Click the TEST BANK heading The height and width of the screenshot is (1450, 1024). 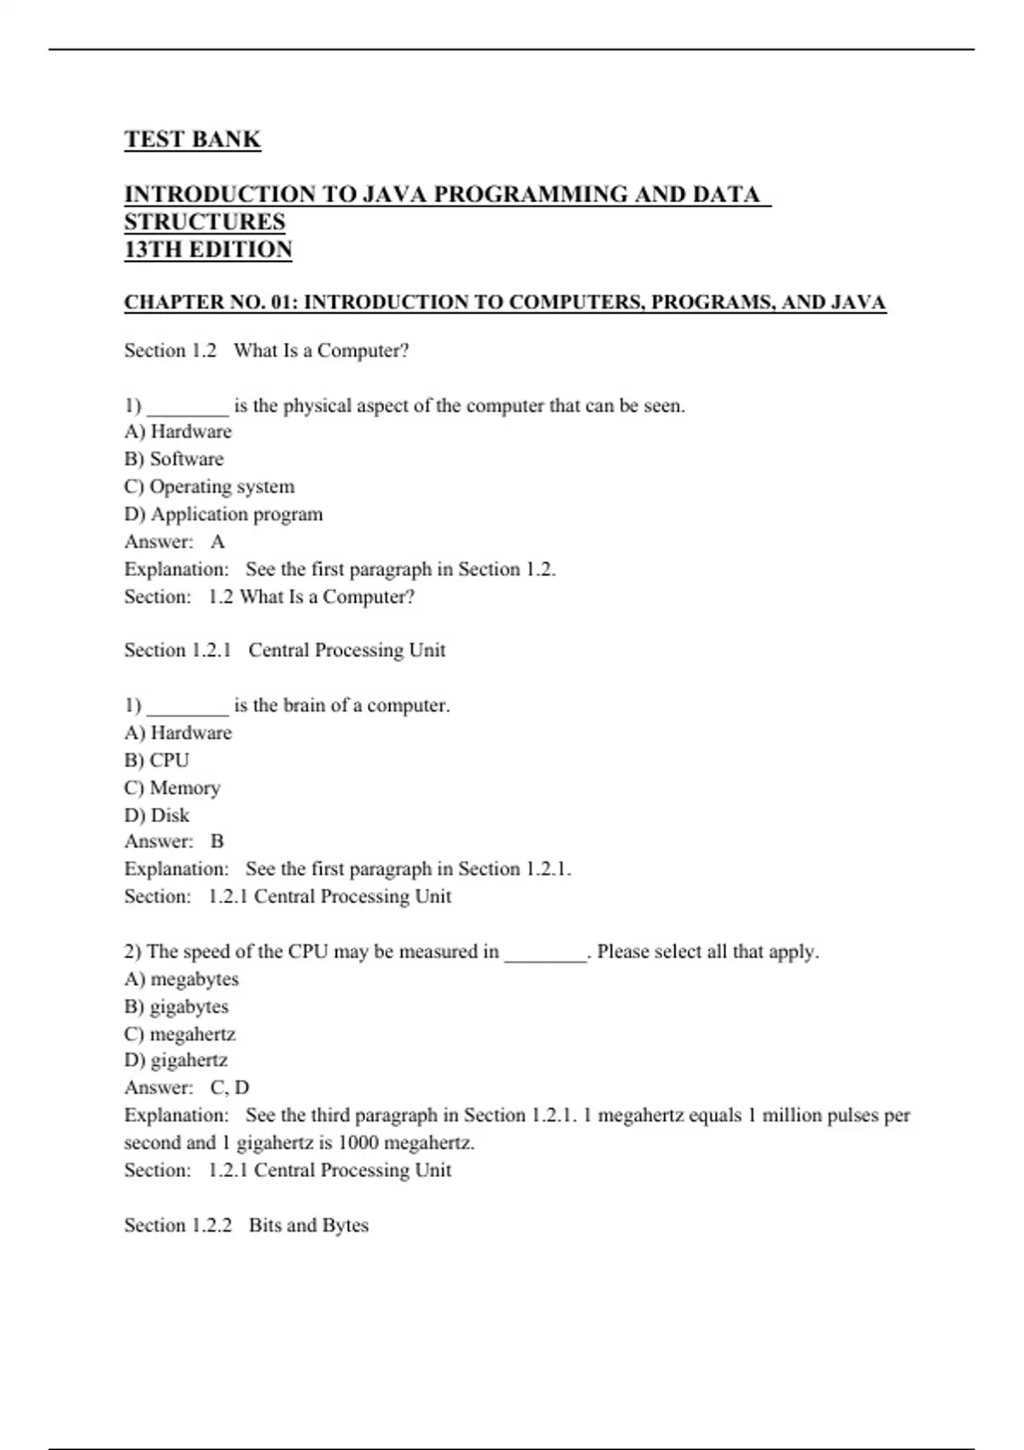[x=192, y=139]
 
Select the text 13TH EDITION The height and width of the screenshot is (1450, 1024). [x=208, y=249]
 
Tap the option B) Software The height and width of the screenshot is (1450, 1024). [x=174, y=459]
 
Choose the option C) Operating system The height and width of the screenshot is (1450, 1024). [x=209, y=486]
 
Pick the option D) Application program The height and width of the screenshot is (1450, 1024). [x=224, y=514]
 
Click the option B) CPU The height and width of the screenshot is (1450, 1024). [x=157, y=760]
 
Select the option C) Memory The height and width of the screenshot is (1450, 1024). [x=172, y=787]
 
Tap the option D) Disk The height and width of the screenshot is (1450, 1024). [x=157, y=815]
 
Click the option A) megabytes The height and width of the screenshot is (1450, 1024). [x=182, y=979]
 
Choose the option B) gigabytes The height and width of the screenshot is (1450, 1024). [x=177, y=1006]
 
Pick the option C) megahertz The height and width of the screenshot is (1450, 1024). [x=180, y=1034]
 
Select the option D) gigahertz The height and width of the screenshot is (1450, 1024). [x=177, y=1060]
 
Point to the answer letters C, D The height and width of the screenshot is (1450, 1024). [x=230, y=1087]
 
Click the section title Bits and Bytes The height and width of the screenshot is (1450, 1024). [x=309, y=1225]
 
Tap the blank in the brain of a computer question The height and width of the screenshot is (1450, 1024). [x=188, y=707]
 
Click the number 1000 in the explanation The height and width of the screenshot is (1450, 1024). [x=358, y=1142]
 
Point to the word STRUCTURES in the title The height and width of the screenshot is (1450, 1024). [x=205, y=222]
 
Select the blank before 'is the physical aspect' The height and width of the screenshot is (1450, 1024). [x=188, y=408]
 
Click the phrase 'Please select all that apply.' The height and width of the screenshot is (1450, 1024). [x=707, y=951]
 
